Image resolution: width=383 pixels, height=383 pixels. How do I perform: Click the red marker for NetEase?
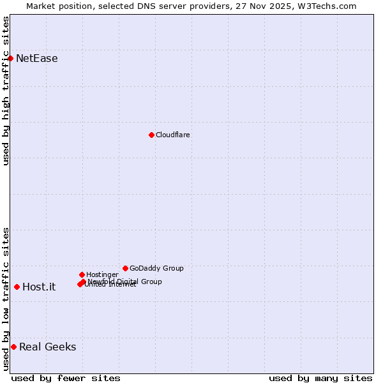click(x=10, y=58)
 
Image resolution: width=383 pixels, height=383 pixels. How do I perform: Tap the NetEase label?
click(x=36, y=59)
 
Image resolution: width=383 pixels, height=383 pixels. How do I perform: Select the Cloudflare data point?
click(x=151, y=135)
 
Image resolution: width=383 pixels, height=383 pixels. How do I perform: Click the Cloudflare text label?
click(x=172, y=135)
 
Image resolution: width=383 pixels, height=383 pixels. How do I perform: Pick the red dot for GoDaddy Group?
click(x=125, y=268)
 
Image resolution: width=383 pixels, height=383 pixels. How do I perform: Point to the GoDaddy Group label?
click(x=156, y=268)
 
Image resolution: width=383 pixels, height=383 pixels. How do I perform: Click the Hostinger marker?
click(x=82, y=274)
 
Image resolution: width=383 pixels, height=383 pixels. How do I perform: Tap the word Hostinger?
click(x=102, y=274)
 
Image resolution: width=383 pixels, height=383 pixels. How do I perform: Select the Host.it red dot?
click(x=17, y=287)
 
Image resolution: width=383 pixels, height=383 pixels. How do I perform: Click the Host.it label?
click(x=39, y=287)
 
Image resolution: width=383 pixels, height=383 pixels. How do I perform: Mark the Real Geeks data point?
click(x=13, y=347)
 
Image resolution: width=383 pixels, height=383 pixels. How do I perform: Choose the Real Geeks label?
click(x=47, y=347)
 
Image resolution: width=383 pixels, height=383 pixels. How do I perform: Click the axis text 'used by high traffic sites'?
click(x=6, y=91)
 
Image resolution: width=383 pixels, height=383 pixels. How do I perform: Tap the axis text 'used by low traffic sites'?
click(x=6, y=299)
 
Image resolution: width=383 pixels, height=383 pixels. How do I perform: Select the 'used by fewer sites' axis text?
click(x=66, y=378)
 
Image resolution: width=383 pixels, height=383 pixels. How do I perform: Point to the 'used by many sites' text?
click(x=320, y=378)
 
